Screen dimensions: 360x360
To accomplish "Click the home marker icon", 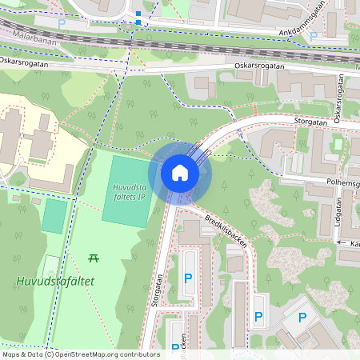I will click(x=180, y=172).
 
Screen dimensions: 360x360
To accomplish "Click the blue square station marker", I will click(x=138, y=14).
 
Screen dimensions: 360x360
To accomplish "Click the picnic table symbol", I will click(x=94, y=258).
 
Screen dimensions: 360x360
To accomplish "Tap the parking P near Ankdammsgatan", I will click(x=314, y=36).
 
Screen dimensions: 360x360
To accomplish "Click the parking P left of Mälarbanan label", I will click(x=61, y=24).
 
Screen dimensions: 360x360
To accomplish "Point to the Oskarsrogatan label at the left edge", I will click(x=24, y=60).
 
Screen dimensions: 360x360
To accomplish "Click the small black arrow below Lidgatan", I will click(x=340, y=242).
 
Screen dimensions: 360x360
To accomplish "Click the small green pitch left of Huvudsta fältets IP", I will click(x=54, y=216).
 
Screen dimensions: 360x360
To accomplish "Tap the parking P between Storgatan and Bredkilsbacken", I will click(x=188, y=278).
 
